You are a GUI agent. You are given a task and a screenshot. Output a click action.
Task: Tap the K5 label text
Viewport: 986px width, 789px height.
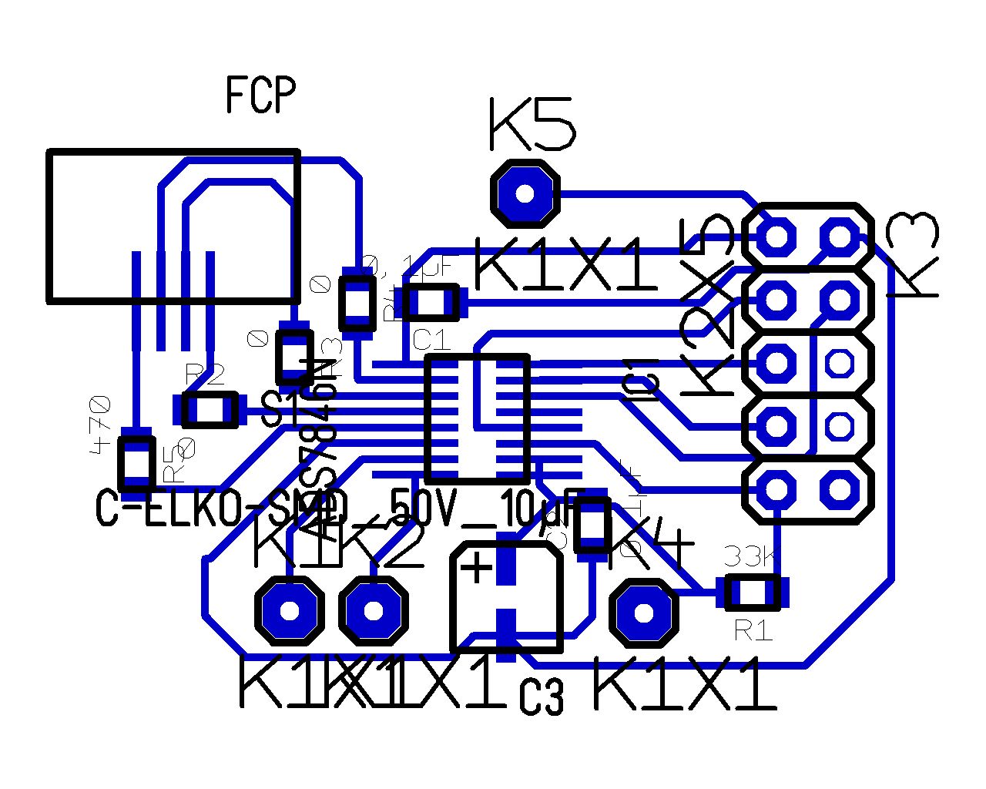(x=532, y=124)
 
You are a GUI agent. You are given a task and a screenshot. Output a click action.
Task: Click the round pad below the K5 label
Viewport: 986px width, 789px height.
(x=525, y=193)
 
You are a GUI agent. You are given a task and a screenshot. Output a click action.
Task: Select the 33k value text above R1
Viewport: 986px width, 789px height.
(x=750, y=555)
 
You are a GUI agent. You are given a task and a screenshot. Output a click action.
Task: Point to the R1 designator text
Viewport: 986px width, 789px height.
(x=753, y=630)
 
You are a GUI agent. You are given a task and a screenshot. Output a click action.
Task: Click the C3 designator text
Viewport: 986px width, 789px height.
(x=541, y=697)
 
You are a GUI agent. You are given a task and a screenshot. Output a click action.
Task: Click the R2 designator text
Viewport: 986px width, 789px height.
(x=205, y=375)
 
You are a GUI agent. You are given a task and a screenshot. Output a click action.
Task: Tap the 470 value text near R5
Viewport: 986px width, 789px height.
(x=101, y=424)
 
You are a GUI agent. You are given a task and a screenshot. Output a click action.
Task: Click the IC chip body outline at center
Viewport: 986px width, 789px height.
(x=477, y=419)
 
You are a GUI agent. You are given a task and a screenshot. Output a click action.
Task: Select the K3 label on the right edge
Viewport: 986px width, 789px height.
(x=914, y=254)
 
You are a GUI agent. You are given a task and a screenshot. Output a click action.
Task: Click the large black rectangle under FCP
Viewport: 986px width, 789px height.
(x=173, y=225)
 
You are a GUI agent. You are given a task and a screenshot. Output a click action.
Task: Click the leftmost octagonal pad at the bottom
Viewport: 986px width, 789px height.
(x=289, y=611)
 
